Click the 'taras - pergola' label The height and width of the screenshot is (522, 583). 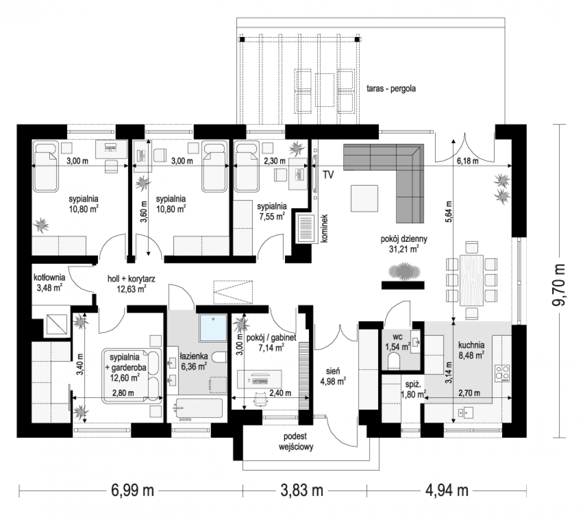click(x=391, y=88)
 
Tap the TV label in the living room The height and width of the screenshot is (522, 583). click(x=328, y=174)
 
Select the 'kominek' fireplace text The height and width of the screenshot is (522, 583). click(x=324, y=228)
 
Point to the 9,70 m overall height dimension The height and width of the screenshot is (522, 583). click(x=559, y=281)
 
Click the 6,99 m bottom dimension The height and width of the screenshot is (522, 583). click(x=133, y=490)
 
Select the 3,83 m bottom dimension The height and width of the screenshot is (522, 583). click(x=302, y=490)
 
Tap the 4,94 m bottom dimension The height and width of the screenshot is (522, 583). click(x=447, y=490)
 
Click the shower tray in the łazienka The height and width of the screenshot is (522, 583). click(x=213, y=328)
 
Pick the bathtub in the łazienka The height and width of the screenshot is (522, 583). click(x=199, y=408)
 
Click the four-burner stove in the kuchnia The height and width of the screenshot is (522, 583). click(x=502, y=373)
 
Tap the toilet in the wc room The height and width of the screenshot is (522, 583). click(x=393, y=361)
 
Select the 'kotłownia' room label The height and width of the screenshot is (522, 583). click(x=49, y=278)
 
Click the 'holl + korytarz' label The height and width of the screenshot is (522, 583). click(x=131, y=278)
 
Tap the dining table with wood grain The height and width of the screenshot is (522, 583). click(x=471, y=280)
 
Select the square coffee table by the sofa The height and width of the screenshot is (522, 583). click(x=364, y=198)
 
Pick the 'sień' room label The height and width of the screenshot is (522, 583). click(x=333, y=371)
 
